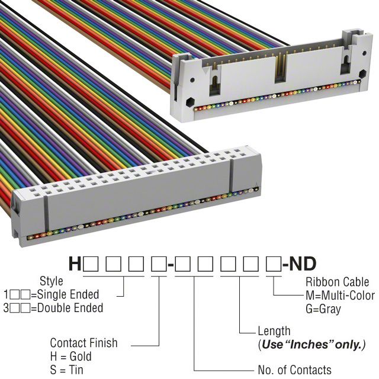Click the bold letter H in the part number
75,264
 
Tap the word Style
51,281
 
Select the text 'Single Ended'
70,294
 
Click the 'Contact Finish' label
83,343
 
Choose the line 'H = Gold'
71,356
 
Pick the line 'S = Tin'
67,370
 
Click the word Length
274,331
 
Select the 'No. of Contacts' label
294,370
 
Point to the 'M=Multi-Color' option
340,296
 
